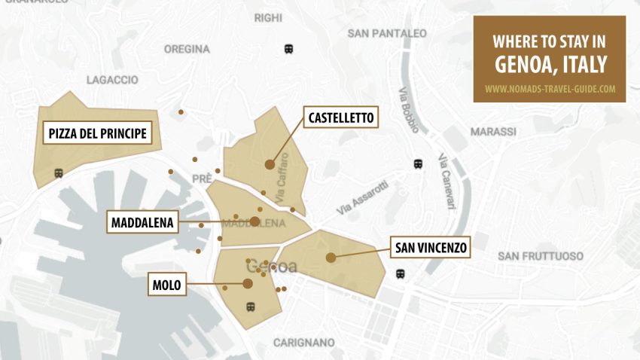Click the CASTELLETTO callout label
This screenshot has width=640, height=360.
pyautogui.click(x=341, y=118)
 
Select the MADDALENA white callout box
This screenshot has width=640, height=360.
pyautogui.click(x=143, y=222)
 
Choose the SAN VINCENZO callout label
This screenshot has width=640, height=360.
pyautogui.click(x=430, y=247)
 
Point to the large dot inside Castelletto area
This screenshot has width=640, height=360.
pyautogui.click(x=270, y=164)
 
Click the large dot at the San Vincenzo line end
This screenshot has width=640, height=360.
pyautogui.click(x=331, y=258)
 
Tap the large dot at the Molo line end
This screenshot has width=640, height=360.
pyautogui.click(x=248, y=283)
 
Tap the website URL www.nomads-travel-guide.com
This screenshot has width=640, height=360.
pyautogui.click(x=550, y=88)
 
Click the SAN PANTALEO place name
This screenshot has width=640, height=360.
pyautogui.click(x=387, y=33)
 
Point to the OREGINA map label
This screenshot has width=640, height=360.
pyautogui.click(x=187, y=49)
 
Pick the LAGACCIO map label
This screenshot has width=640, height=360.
pyautogui.click(x=112, y=79)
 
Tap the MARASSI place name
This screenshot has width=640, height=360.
pyautogui.click(x=493, y=132)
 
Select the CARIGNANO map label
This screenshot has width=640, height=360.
pyautogui.click(x=303, y=343)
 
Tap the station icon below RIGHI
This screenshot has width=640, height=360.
pyautogui.click(x=288, y=49)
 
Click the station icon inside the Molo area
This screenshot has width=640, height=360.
pyautogui.click(x=250, y=307)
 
